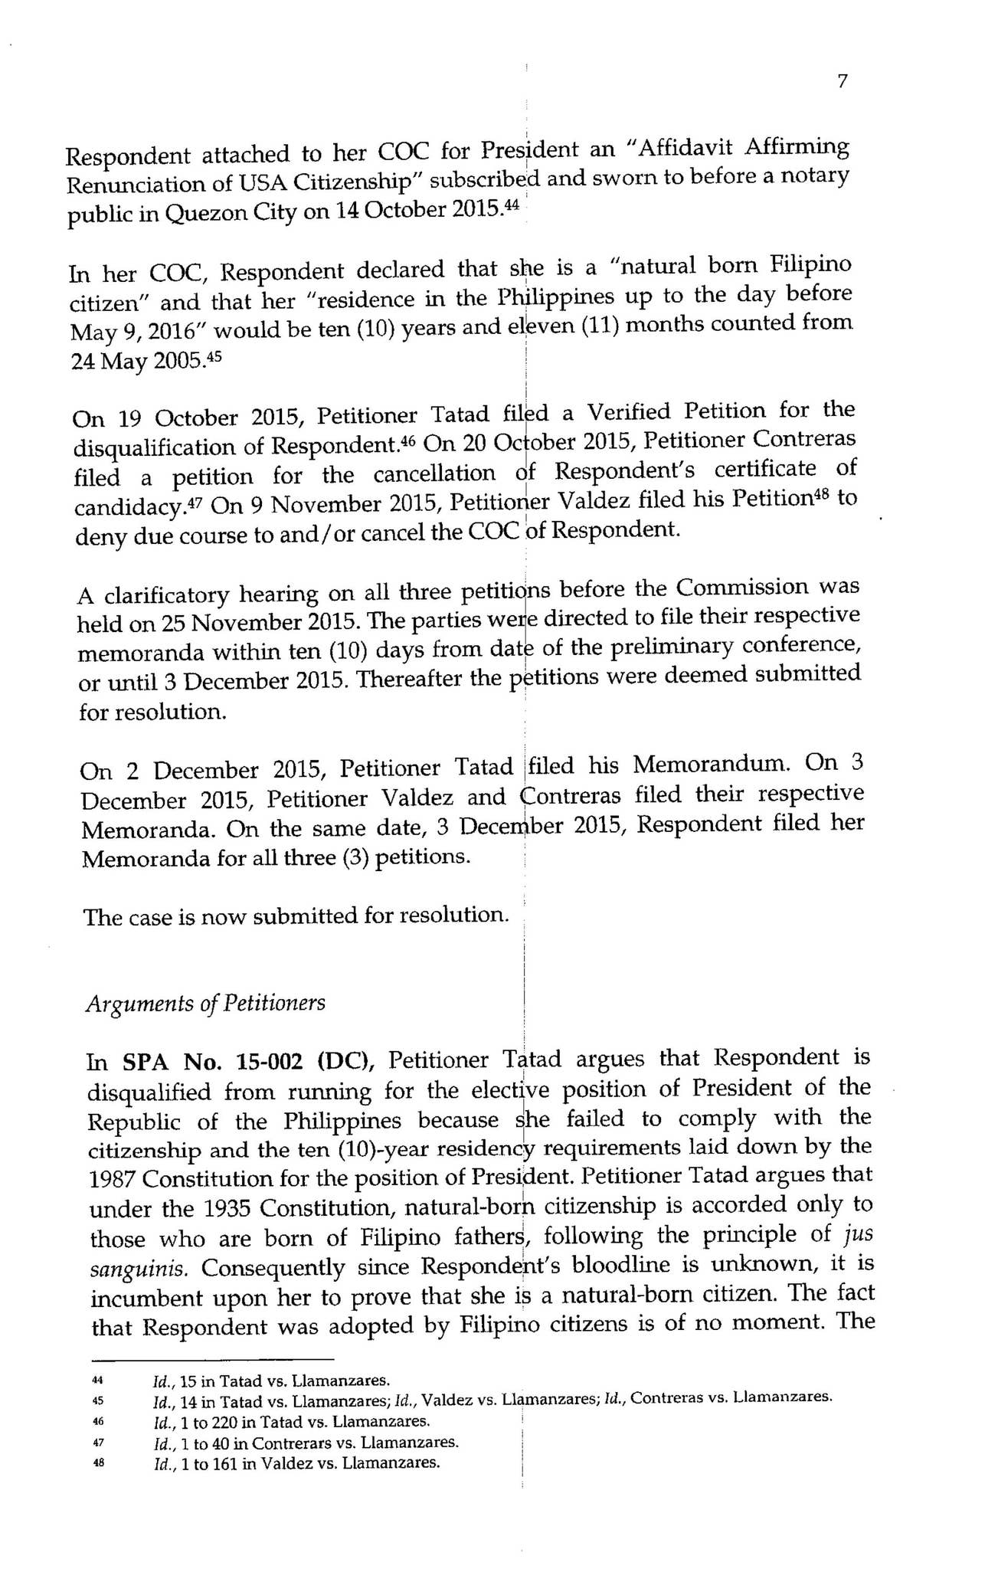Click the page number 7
click(842, 82)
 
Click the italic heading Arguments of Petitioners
click(205, 1003)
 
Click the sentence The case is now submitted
click(295, 916)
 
